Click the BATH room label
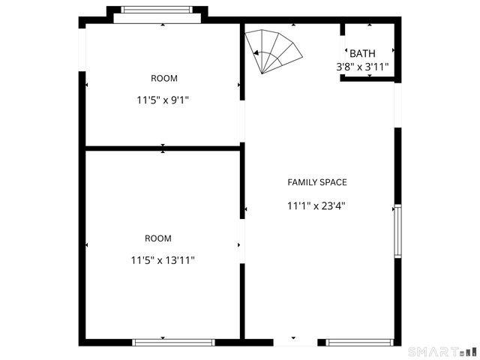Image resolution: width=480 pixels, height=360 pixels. [x=362, y=53]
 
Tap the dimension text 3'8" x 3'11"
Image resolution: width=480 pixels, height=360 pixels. [x=362, y=67]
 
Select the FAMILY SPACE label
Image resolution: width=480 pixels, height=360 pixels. [x=317, y=182]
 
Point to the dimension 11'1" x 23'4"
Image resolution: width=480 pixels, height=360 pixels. [x=317, y=205]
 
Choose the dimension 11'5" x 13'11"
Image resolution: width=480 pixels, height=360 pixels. [x=163, y=260]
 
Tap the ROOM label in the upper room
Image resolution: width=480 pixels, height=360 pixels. [x=164, y=78]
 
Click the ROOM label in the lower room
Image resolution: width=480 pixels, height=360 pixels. [x=158, y=238]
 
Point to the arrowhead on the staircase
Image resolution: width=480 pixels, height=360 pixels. [x=256, y=53]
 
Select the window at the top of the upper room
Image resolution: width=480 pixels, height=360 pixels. [x=157, y=11]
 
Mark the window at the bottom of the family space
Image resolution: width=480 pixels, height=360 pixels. [x=359, y=343]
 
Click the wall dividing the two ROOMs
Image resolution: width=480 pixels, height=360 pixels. [x=162, y=148]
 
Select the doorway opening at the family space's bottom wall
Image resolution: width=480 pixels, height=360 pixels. [x=295, y=342]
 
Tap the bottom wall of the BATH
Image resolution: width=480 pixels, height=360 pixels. [x=367, y=78]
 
